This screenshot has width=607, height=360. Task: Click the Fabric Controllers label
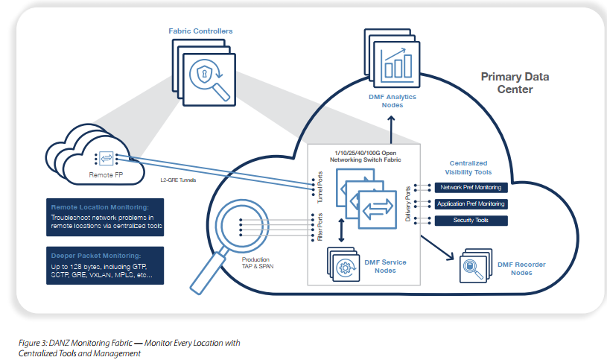click(200, 31)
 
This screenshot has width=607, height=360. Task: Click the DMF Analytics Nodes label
click(393, 101)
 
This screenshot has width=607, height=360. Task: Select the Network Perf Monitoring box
click(470, 188)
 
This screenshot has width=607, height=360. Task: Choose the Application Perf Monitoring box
click(470, 203)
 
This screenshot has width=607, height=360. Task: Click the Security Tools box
click(470, 221)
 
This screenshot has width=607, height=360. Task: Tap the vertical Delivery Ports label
click(407, 203)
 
